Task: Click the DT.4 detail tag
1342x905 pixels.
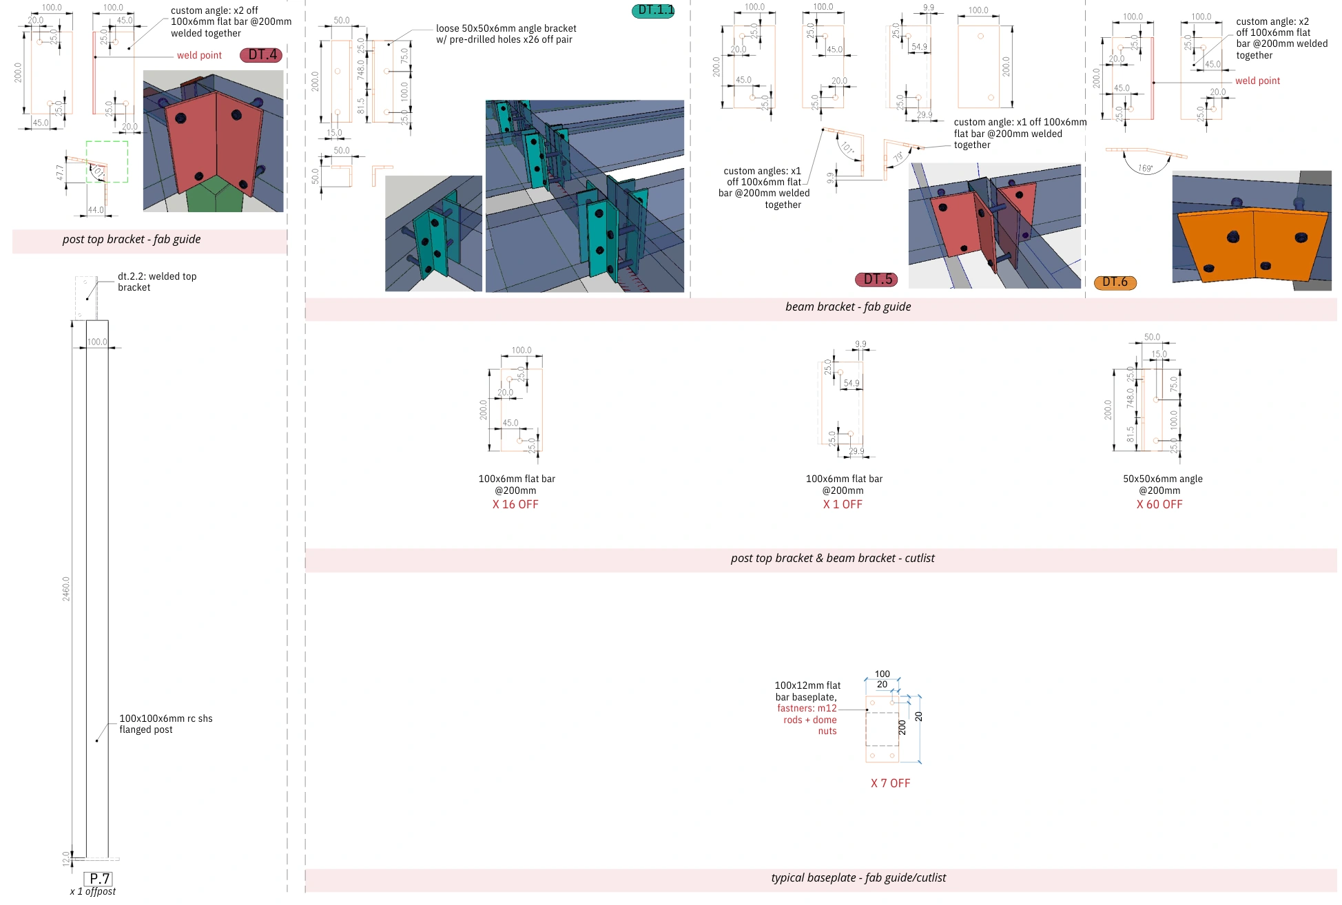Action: [x=261, y=55]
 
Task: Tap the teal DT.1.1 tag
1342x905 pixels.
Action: [x=653, y=10]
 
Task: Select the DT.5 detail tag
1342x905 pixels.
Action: [x=876, y=279]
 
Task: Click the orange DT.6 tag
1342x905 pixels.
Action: [x=1115, y=282]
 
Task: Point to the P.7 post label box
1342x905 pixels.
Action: [x=98, y=879]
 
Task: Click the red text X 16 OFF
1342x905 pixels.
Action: [x=515, y=504]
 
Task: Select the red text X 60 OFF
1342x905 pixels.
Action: [x=1159, y=504]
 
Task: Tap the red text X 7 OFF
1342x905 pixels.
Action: [x=890, y=783]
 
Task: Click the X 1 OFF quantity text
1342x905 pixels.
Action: [x=843, y=504]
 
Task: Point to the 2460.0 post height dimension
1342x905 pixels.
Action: [x=66, y=589]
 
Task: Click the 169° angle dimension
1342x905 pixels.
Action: [x=1145, y=168]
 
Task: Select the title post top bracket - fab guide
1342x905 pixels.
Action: [x=132, y=239]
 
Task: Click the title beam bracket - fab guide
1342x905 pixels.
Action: [x=847, y=306]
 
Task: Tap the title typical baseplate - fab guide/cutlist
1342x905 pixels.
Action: [x=858, y=877]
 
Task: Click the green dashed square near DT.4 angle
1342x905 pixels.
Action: [x=107, y=162]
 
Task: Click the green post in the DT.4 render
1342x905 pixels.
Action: [x=219, y=195]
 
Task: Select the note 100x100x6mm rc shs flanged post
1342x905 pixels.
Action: [x=165, y=724]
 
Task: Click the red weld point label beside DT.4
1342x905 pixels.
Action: [x=199, y=55]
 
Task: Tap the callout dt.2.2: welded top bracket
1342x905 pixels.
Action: [x=157, y=282]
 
